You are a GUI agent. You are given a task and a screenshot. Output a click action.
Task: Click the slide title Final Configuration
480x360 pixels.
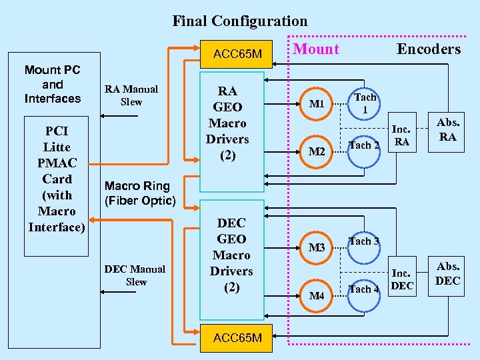pyautogui.click(x=240, y=21)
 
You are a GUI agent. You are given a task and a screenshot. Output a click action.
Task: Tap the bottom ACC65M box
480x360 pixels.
pyautogui.click(x=237, y=338)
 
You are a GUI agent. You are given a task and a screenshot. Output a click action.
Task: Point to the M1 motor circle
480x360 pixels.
pyautogui.click(x=317, y=104)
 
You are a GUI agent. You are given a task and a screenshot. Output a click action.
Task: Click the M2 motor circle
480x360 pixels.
pyautogui.click(x=317, y=151)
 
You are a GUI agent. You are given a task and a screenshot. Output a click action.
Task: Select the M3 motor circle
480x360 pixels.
pyautogui.click(x=317, y=248)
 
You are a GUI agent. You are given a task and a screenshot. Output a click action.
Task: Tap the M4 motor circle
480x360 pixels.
pyautogui.click(x=317, y=295)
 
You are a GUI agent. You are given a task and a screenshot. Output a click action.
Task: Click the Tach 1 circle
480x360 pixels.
pyautogui.click(x=365, y=103)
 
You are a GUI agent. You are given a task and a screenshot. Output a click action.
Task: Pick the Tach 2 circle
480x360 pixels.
pyautogui.click(x=365, y=145)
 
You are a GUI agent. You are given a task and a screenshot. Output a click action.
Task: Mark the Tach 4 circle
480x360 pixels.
pyautogui.click(x=365, y=289)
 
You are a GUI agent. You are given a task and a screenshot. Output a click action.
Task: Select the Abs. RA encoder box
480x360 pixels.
pyautogui.click(x=447, y=130)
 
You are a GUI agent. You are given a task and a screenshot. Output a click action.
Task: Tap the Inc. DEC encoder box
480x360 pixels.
pyautogui.click(x=401, y=279)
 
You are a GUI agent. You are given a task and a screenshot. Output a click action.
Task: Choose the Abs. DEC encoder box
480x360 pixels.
pyautogui.click(x=447, y=274)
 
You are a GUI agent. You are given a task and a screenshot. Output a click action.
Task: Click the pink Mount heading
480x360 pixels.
pyautogui.click(x=316, y=49)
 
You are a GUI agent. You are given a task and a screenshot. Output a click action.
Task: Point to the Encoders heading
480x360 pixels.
pyautogui.click(x=429, y=49)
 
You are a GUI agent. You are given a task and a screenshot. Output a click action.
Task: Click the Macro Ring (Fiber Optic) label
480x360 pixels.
pyautogui.click(x=140, y=193)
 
